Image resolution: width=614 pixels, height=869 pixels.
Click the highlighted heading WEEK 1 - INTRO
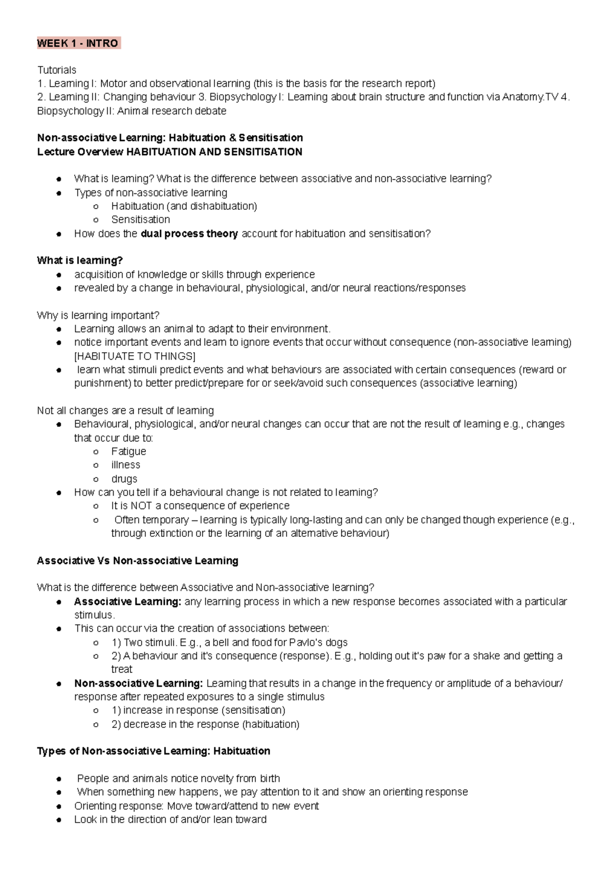pos(78,43)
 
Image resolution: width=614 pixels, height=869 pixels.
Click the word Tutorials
pos(56,70)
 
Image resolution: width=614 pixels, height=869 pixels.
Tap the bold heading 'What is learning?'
pos(80,260)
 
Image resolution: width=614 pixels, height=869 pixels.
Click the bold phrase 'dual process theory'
pos(189,233)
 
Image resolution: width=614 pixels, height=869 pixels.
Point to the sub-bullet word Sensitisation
pos(140,220)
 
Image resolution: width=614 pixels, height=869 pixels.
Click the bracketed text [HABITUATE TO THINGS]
pos(135,356)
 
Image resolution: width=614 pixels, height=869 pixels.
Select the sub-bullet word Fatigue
pos(128,451)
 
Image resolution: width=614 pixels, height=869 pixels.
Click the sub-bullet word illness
pos(125,465)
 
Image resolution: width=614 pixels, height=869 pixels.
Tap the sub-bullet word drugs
pos(124,479)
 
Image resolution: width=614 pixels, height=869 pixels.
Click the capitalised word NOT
pos(141,506)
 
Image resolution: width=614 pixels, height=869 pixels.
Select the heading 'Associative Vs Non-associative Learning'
pos(137,561)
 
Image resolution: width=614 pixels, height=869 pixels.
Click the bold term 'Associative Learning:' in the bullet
pos(127,601)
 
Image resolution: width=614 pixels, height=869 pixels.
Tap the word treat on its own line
pos(122,669)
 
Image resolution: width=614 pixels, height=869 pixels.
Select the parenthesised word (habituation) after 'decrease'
pos(271,724)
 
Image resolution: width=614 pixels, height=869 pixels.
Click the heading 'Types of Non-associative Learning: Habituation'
pos(153,751)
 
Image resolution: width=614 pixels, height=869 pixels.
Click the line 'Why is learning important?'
pos(98,315)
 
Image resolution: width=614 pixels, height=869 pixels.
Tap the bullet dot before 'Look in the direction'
pos(60,820)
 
